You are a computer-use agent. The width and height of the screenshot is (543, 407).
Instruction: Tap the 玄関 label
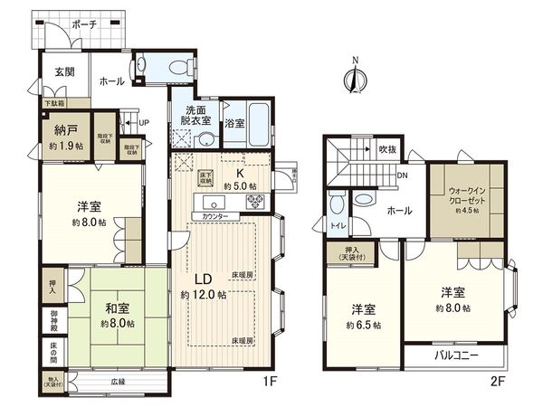(x=63, y=71)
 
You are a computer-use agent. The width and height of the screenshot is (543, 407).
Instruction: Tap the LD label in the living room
(x=204, y=279)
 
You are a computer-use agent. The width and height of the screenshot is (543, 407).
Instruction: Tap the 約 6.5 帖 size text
(x=365, y=324)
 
